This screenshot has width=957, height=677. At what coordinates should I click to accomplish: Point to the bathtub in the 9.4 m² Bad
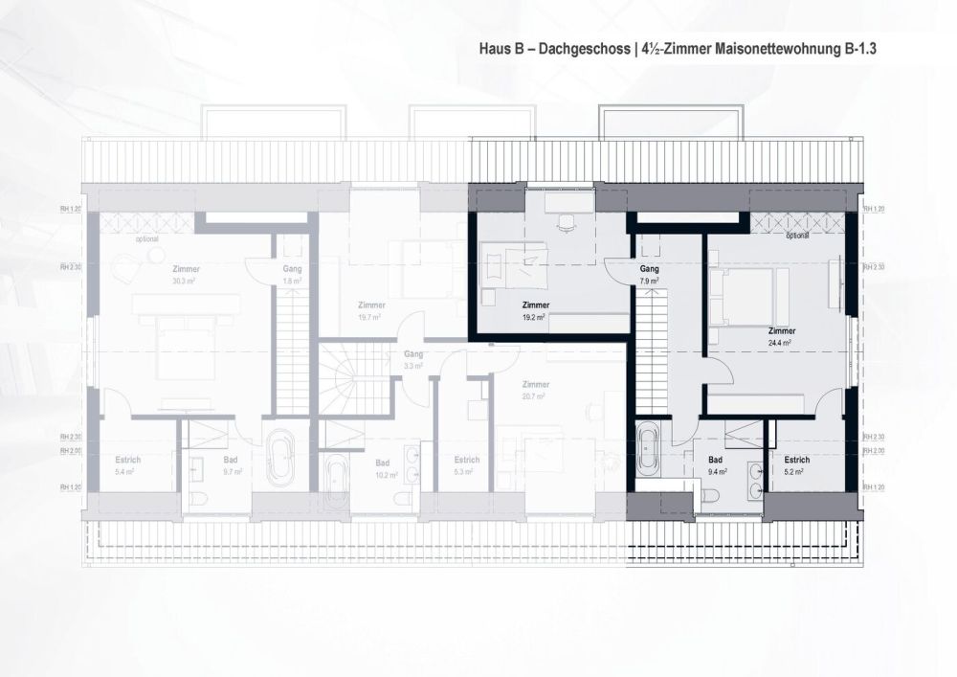[648, 448]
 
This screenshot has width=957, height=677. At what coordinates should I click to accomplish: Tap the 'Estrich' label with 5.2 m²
[790, 460]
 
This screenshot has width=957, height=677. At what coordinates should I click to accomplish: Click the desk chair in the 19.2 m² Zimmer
[565, 222]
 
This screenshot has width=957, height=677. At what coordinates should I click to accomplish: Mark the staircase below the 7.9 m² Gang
[651, 354]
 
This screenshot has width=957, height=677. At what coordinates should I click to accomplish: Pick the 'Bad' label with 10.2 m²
[381, 461]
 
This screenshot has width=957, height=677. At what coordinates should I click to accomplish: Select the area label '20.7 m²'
[535, 395]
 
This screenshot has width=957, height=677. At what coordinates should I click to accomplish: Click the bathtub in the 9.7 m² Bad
[280, 460]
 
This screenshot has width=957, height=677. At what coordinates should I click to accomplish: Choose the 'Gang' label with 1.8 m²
[292, 269]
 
